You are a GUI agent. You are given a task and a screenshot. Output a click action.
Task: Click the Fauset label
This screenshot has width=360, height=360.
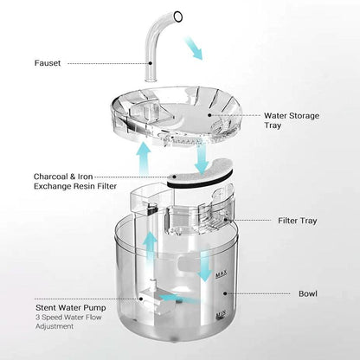(48, 63)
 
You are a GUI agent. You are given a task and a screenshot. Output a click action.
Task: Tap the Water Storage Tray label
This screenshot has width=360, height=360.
(292, 120)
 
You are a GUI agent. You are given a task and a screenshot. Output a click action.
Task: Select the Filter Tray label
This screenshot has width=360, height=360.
(298, 221)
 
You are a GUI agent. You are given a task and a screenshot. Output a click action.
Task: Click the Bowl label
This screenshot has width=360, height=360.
(308, 293)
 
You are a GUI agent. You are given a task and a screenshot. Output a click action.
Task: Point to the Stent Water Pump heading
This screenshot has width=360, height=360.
(71, 307)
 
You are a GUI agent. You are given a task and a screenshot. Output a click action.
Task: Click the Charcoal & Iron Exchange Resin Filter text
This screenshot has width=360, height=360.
(75, 181)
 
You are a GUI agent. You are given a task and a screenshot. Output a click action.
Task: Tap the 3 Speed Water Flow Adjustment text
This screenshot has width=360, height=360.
(68, 322)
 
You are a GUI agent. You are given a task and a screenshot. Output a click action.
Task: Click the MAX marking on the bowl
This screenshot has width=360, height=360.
(222, 274)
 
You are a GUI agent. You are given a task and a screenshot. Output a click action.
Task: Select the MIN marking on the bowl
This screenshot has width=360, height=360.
(221, 314)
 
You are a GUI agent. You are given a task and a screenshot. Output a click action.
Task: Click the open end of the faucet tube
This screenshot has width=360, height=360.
(178, 16)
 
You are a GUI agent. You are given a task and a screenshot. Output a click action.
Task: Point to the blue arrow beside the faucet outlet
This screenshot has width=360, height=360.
(194, 48)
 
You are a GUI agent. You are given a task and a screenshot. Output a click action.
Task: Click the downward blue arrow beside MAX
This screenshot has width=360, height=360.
(205, 267)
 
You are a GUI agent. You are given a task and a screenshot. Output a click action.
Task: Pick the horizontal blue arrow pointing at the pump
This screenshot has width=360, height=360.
(179, 299)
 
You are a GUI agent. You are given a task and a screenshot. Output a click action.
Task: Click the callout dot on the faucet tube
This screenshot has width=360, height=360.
(151, 63)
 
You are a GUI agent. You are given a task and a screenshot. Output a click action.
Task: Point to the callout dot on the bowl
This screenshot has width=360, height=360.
(225, 293)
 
